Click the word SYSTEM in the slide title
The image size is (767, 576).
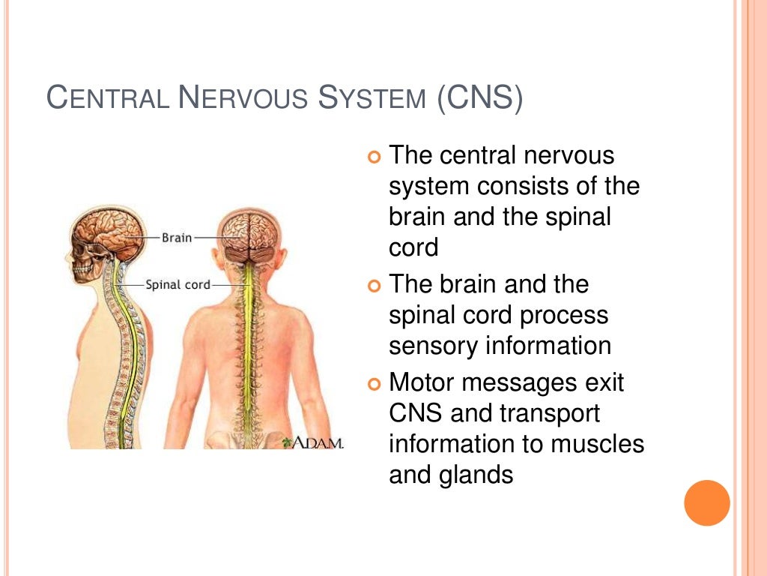372,99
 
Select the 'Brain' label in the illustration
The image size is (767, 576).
177,238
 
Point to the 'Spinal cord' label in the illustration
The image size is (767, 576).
177,285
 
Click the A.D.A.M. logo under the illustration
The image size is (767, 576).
312,443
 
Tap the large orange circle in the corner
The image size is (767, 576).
707,502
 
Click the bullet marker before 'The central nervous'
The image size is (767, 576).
375,157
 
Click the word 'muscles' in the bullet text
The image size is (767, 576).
598,443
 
